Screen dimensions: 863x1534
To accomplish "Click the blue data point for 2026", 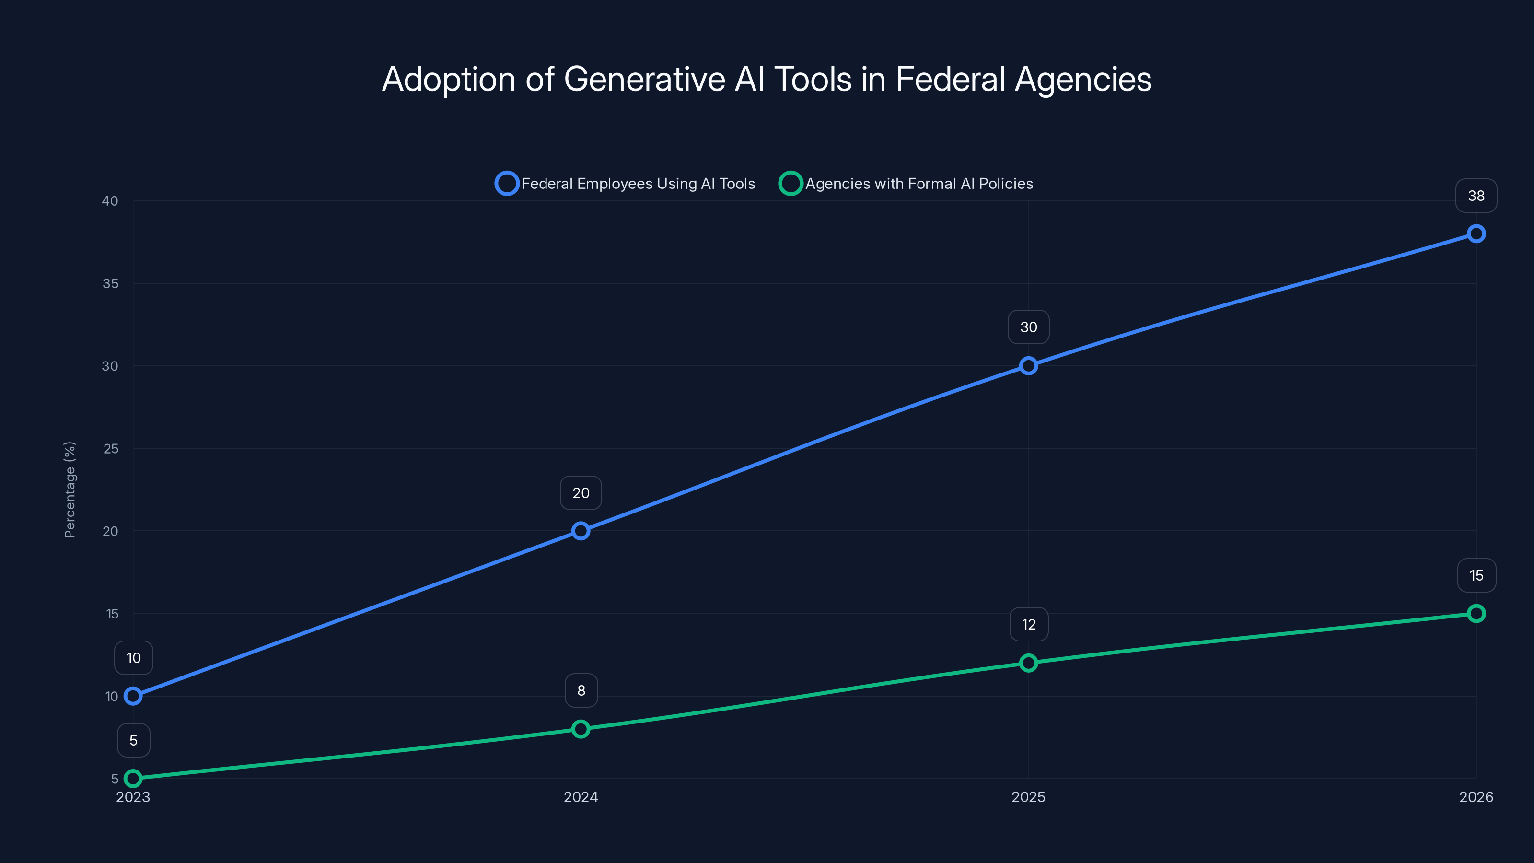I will pyautogui.click(x=1476, y=233).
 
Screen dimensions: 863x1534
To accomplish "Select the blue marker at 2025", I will pyautogui.click(x=1028, y=366).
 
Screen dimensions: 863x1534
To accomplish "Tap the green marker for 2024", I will pyautogui.click(x=581, y=729).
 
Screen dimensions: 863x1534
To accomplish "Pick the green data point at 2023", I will pyautogui.click(x=133, y=779).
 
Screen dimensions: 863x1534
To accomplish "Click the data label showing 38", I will pyautogui.click(x=1476, y=196).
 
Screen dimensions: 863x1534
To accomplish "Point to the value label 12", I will pyautogui.click(x=1028, y=624).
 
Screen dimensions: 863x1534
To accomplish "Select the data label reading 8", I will pyautogui.click(x=581, y=690).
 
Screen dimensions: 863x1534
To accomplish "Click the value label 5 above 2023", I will pyautogui.click(x=133, y=740).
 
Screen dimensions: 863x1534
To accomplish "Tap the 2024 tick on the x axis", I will pyautogui.click(x=581, y=797).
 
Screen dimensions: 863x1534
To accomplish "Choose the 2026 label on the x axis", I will pyautogui.click(x=1476, y=797).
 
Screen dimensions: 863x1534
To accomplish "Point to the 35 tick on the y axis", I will pyautogui.click(x=110, y=283).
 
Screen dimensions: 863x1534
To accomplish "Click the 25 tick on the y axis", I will pyautogui.click(x=111, y=448).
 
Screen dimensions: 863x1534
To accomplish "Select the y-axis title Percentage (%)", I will pyautogui.click(x=70, y=490).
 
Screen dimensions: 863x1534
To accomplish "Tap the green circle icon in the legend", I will pyautogui.click(x=790, y=184).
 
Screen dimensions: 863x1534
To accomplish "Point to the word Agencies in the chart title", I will pyautogui.click(x=1082, y=79).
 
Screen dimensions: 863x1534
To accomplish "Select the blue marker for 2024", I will pyautogui.click(x=581, y=531).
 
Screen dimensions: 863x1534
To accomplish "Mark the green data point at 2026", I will pyautogui.click(x=1476, y=614).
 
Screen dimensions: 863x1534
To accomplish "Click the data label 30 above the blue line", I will pyautogui.click(x=1028, y=327).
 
